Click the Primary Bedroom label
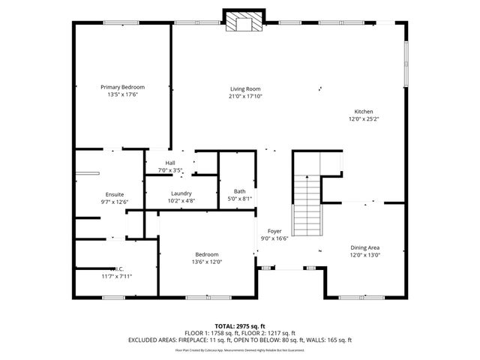[x=122, y=87]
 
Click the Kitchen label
[x=364, y=112]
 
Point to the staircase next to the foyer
[x=306, y=204]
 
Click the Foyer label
[x=274, y=231]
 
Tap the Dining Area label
[x=365, y=247]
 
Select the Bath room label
[x=239, y=191]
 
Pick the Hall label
[x=170, y=163]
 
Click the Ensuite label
[x=115, y=193]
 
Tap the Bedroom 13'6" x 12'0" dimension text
[x=207, y=262]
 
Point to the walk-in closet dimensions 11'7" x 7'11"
[x=116, y=277]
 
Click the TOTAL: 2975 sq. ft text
[x=240, y=326]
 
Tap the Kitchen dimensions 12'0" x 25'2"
[x=364, y=118]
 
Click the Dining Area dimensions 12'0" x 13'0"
[x=365, y=255]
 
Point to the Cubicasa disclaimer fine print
[x=240, y=349]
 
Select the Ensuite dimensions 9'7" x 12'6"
[x=115, y=201]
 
